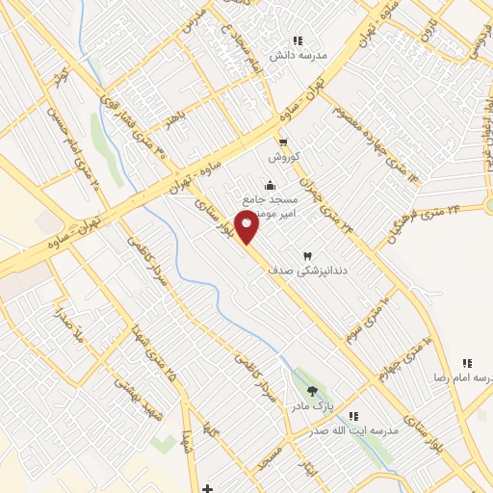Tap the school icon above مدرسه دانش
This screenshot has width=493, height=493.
(x=298, y=40)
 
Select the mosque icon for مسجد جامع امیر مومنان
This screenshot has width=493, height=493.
(x=269, y=185)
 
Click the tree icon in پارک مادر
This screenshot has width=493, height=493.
(x=312, y=391)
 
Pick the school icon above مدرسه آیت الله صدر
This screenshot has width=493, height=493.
(x=353, y=416)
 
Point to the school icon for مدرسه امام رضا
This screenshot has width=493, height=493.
(x=467, y=363)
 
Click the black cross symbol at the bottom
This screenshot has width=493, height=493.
(x=208, y=488)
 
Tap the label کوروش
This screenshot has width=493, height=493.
(x=285, y=157)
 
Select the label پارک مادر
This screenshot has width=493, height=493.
(x=313, y=406)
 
